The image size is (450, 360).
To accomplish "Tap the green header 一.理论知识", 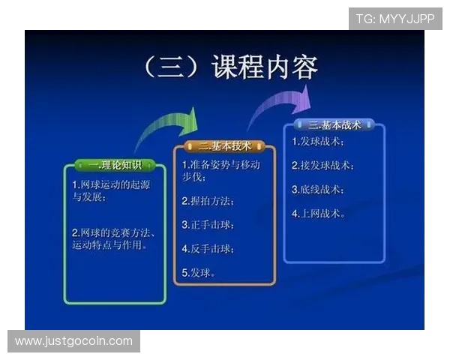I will pyautogui.click(x=114, y=165).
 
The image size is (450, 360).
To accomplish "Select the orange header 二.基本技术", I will pyautogui.click(x=225, y=145).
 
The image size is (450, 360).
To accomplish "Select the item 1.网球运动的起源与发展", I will pyautogui.click(x=100, y=191).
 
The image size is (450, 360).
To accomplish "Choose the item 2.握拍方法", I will pyautogui.click(x=208, y=201).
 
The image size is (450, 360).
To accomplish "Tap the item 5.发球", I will pyautogui.click(x=199, y=272).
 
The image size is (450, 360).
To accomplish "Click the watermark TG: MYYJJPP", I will pyautogui.click(x=395, y=18).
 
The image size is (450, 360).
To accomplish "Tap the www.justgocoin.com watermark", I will pyautogui.click(x=73, y=341).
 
